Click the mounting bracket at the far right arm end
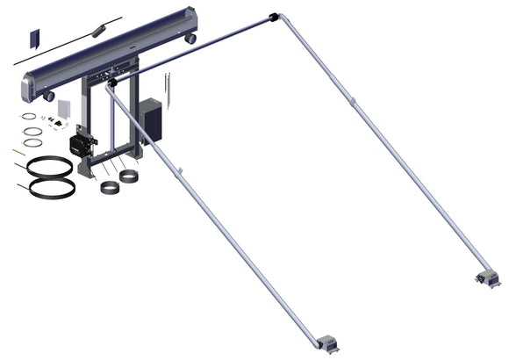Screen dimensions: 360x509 pyautogui.click(x=484, y=279)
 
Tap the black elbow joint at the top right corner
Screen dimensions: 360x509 pyautogui.click(x=274, y=17)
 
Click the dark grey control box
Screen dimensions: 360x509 pyautogui.click(x=151, y=120)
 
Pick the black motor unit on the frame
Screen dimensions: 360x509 pyautogui.click(x=82, y=143)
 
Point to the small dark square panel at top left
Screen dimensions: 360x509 pyautogui.click(x=36, y=39)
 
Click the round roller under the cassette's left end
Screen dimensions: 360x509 pyautogui.click(x=50, y=96)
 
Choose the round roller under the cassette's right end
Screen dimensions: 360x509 pyautogui.click(x=190, y=39)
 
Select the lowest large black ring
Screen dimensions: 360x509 pyautogui.click(x=50, y=187)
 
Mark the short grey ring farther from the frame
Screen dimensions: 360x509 pyautogui.click(x=110, y=189)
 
